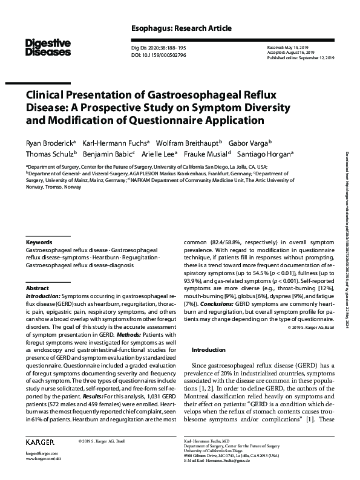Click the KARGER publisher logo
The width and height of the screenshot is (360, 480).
39,442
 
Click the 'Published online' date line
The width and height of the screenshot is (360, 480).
297,58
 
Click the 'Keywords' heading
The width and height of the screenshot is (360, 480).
39,241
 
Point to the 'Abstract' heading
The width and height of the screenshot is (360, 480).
38,288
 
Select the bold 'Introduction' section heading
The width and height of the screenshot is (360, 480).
208,350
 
